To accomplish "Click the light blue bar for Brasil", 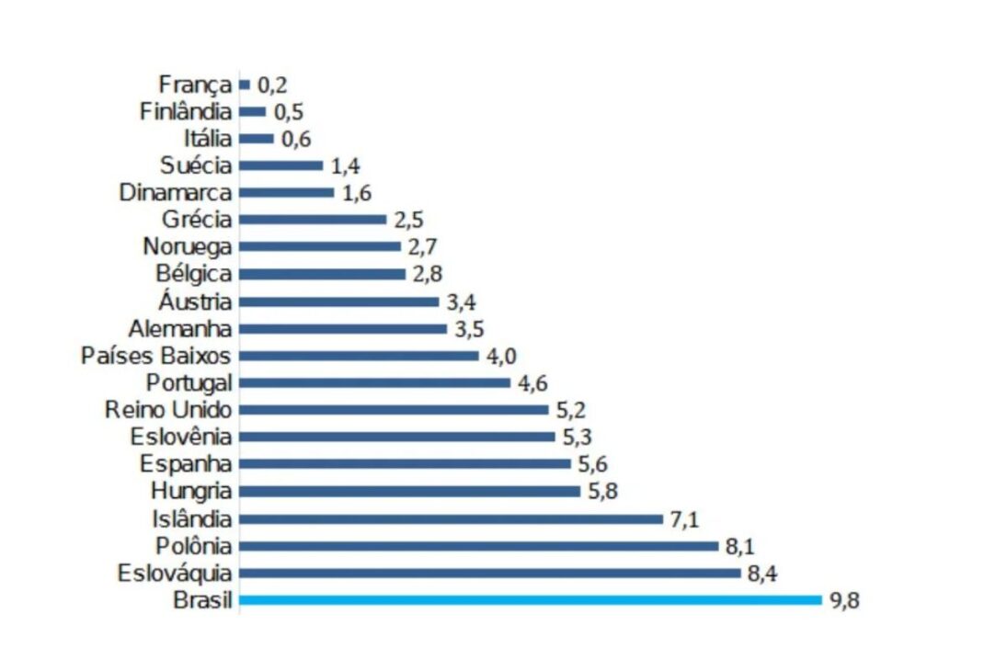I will (530, 600).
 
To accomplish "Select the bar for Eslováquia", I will (489, 574).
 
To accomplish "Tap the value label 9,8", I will (843, 602).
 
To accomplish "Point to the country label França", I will (194, 85).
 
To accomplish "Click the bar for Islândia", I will (451, 519).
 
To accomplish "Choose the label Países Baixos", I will (156, 356).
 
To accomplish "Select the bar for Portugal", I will (374, 383).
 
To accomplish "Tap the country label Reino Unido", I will (168, 410).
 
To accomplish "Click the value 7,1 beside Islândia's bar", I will (684, 520).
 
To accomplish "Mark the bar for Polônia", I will (478, 546).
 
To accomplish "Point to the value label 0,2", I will (272, 85).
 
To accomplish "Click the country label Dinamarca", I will (176, 193).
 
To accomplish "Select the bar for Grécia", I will (313, 220).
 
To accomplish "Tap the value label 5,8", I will (602, 492).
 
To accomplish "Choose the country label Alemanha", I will (181, 329).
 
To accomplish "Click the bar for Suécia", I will (280, 165).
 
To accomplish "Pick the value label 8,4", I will (761, 575).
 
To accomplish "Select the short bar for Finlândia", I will (252, 112).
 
